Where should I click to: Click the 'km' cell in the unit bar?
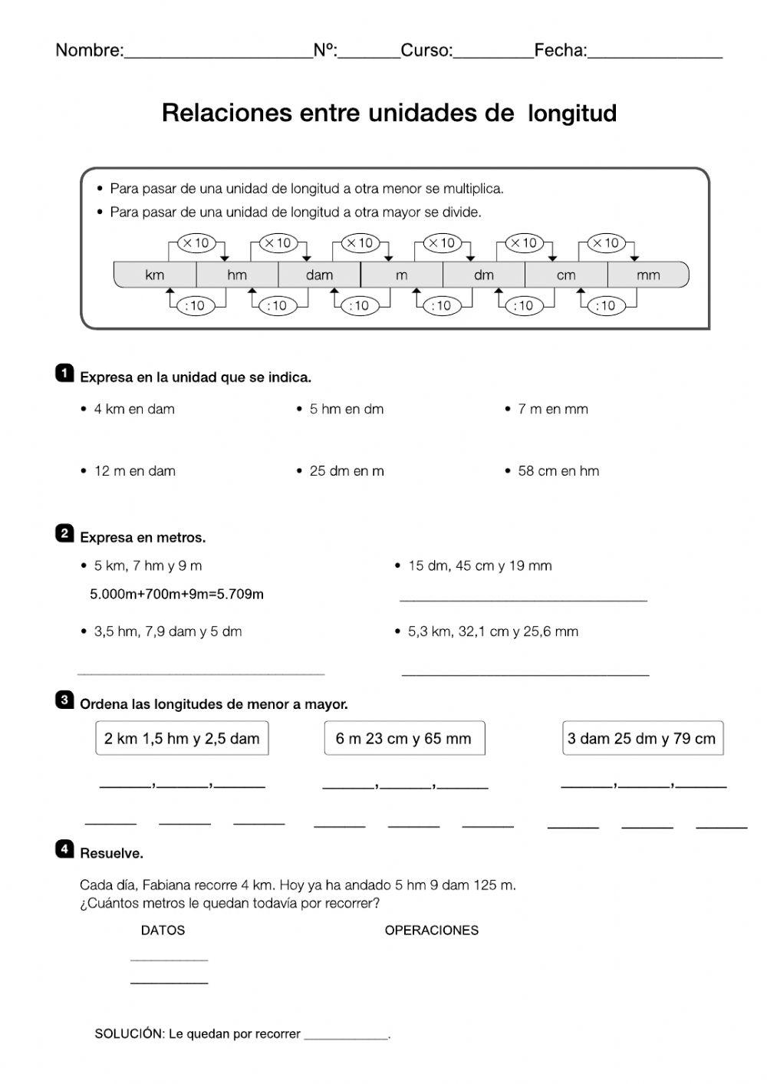155,275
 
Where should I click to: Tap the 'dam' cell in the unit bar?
319,275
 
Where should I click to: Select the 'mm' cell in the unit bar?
648,275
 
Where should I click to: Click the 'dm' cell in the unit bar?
484,275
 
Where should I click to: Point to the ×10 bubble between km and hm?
196,243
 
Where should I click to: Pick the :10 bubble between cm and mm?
606,305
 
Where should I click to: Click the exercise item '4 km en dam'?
134,409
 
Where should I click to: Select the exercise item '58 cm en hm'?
558,471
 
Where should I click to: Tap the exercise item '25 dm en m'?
347,471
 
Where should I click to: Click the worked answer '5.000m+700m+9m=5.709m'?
177,594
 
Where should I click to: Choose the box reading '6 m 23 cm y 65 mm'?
404,739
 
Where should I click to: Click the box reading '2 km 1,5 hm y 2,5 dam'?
182,739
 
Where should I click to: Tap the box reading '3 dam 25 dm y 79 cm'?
642,739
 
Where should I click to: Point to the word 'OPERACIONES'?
431,930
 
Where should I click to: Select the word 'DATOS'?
163,930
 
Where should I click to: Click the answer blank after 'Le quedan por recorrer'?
346,1035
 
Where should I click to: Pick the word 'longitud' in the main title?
572,114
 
